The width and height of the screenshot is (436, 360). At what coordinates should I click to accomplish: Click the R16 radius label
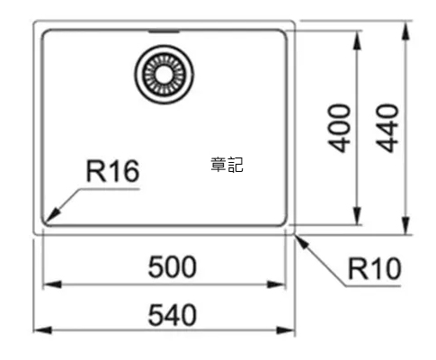pos(112,171)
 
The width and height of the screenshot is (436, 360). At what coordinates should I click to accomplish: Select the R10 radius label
pos(374,268)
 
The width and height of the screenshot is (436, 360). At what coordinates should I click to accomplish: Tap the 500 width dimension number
pos(173,266)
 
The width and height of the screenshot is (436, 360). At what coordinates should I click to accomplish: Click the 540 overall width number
pos(173,315)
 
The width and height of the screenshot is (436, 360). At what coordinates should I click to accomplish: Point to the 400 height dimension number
pos(339,128)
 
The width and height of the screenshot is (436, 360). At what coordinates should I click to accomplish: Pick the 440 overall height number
pos(387,128)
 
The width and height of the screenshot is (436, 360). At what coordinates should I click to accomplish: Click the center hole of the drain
pos(164,74)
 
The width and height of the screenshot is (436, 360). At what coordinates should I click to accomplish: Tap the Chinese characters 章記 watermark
pos(227,165)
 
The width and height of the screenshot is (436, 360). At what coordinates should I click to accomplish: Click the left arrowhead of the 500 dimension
pos(52,284)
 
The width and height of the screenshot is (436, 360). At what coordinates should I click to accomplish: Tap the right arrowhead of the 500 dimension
pos(277,284)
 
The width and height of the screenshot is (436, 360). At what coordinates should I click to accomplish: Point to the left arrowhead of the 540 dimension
pos(42,330)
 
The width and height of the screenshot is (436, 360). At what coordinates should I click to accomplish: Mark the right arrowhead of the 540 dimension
pos(286,330)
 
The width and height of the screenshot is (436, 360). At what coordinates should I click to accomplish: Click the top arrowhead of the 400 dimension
pos(357,40)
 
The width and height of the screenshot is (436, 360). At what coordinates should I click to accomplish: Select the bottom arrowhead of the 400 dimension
pos(357,215)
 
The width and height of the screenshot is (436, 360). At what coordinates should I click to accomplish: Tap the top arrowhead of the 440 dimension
pos(405,31)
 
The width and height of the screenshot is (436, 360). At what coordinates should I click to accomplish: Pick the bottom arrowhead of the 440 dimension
pos(405,225)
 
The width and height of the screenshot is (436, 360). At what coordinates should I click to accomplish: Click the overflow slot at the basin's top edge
pos(164,31)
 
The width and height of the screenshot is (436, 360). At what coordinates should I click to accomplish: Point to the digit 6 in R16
pos(131,171)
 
